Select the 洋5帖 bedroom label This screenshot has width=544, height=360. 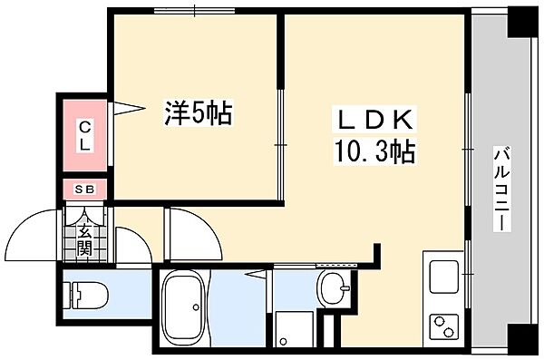click(197, 112)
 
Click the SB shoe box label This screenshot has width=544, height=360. click(83, 190)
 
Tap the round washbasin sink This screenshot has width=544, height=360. click(334, 288)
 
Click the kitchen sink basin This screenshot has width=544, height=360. click(443, 274)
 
